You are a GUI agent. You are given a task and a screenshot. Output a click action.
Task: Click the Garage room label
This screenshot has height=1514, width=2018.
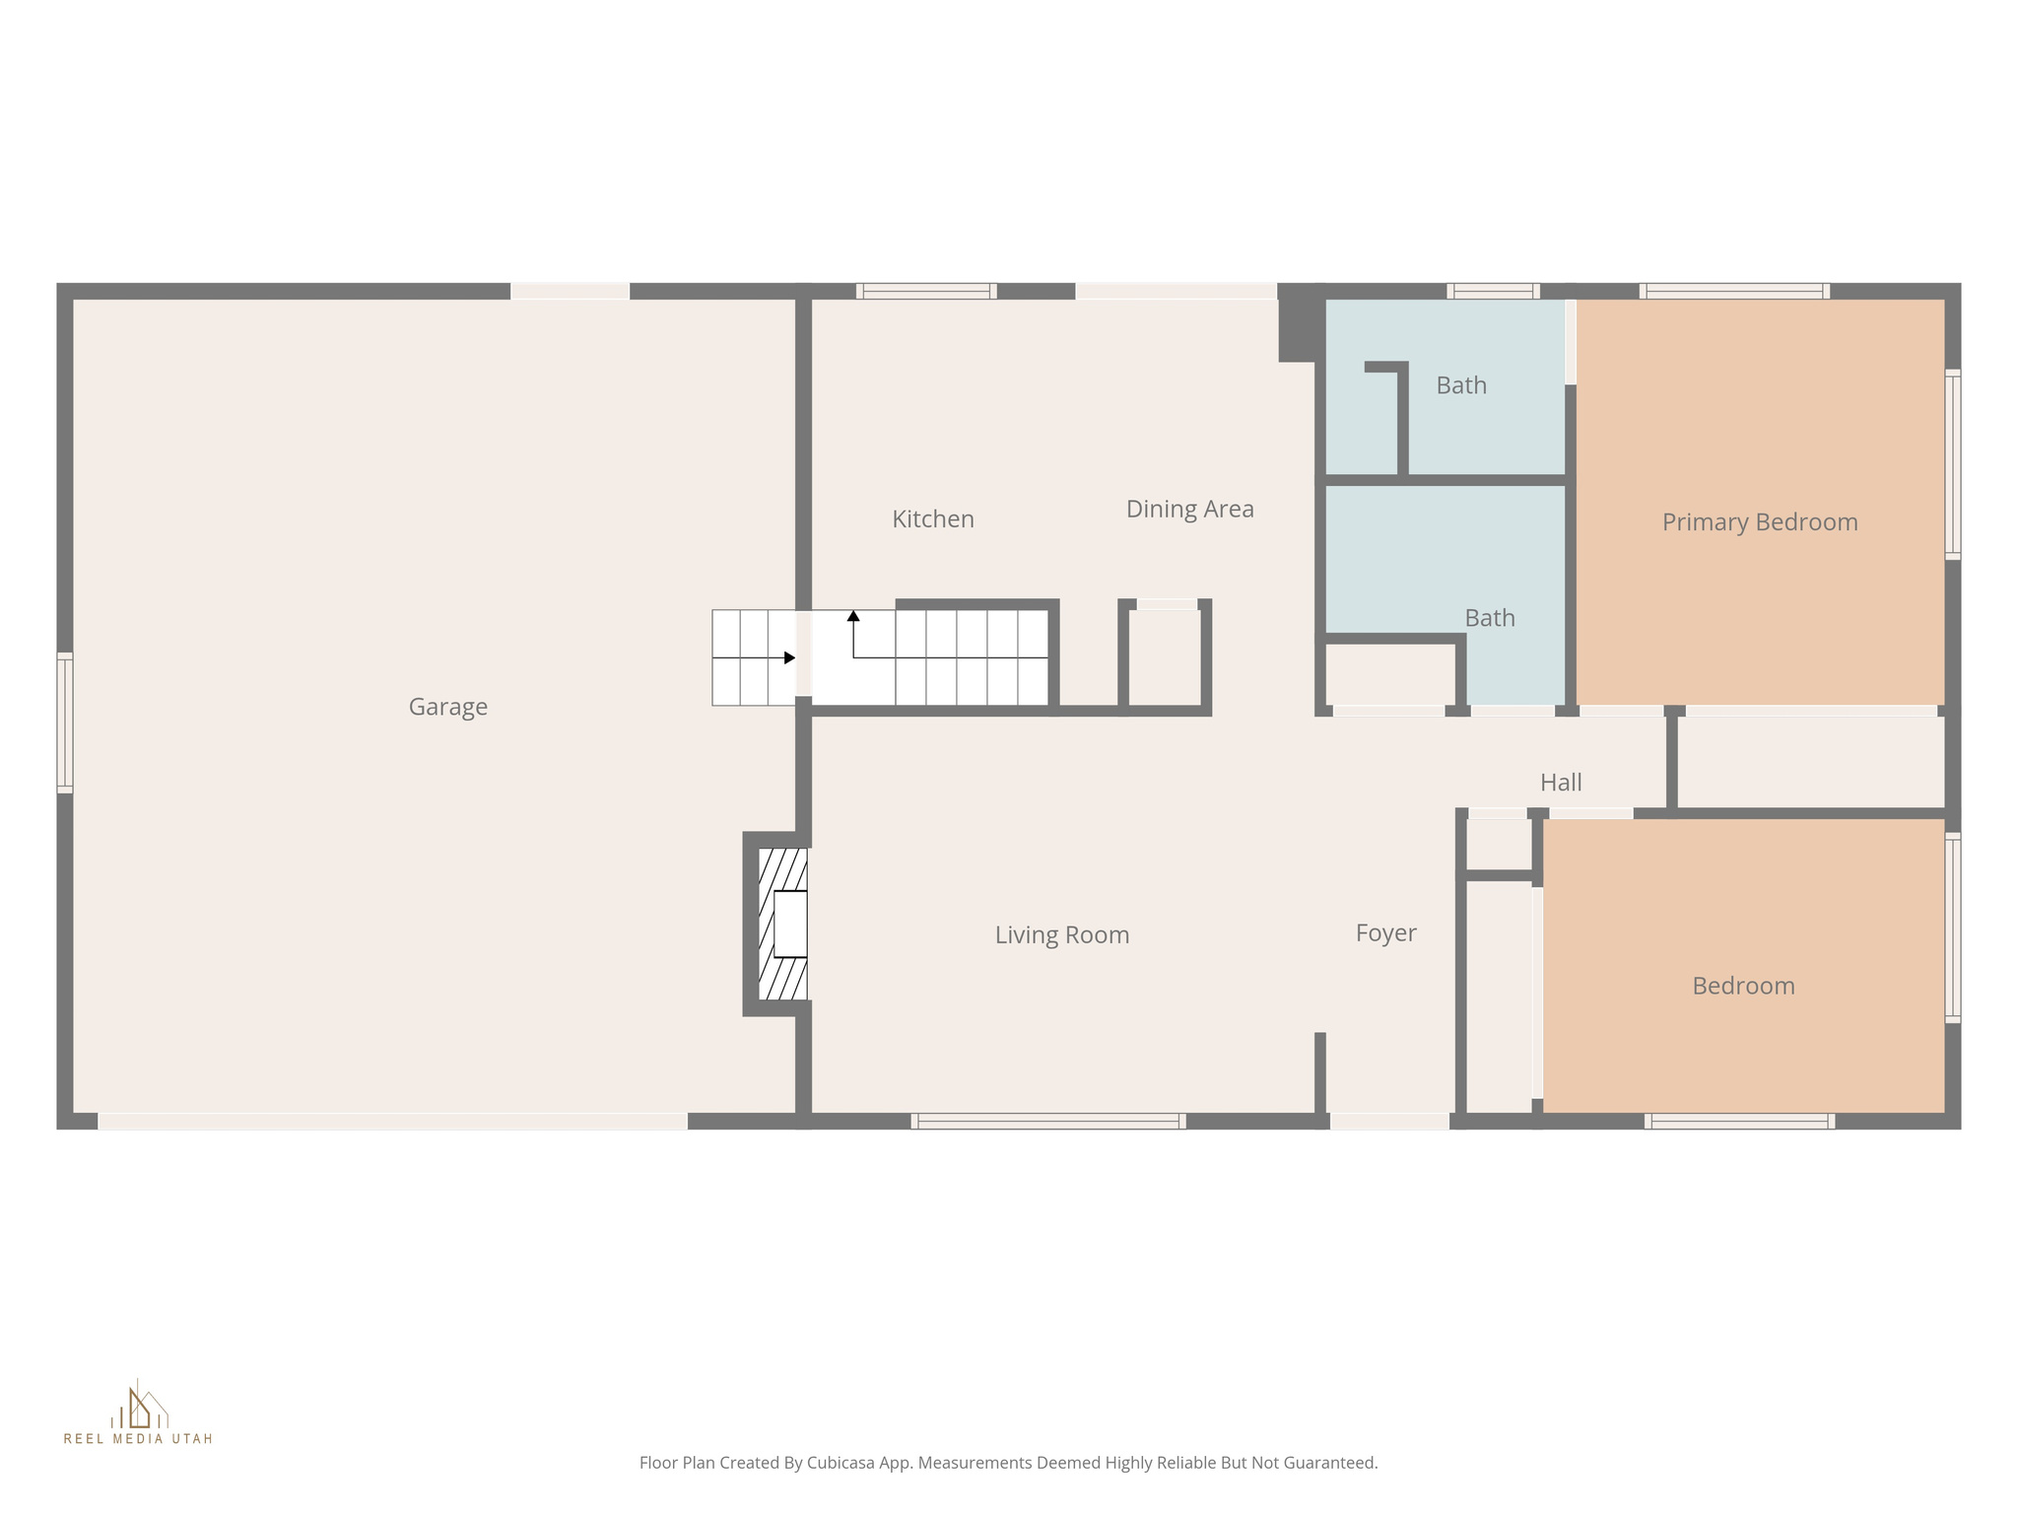(x=447, y=707)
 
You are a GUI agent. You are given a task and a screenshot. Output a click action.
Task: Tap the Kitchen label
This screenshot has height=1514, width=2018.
(x=932, y=519)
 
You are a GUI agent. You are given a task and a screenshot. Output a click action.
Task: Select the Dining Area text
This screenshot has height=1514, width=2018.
(x=1189, y=510)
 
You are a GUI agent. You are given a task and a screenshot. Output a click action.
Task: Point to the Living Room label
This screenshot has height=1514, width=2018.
(x=1061, y=934)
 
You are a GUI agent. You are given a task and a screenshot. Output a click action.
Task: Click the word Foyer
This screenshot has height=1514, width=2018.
(x=1385, y=932)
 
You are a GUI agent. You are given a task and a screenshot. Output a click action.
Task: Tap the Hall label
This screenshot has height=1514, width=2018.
(x=1561, y=783)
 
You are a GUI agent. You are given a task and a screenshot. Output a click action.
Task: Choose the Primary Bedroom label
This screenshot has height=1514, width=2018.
(x=1759, y=522)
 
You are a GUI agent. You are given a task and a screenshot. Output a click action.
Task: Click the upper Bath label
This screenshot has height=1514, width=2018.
(x=1460, y=385)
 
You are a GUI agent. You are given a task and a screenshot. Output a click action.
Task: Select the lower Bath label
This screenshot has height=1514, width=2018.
(x=1489, y=618)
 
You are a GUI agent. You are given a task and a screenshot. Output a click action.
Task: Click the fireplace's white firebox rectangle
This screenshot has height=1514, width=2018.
(x=790, y=924)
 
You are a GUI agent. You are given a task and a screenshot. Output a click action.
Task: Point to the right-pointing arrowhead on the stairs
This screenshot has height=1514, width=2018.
(x=789, y=657)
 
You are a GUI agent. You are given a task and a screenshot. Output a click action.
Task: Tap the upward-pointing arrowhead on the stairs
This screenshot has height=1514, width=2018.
(x=853, y=616)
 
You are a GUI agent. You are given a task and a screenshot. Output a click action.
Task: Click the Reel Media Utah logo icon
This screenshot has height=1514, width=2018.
(x=139, y=1408)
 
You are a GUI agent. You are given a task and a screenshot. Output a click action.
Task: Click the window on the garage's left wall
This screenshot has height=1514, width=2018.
(x=65, y=723)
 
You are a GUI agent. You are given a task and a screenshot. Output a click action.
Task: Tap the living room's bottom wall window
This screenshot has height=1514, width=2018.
(x=1047, y=1121)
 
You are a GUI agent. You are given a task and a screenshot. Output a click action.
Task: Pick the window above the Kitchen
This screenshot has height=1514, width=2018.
(x=926, y=291)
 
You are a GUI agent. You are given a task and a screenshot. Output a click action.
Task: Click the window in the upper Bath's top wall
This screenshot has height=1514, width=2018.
(x=1493, y=291)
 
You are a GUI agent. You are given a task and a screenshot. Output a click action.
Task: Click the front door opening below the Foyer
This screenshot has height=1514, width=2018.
(x=1388, y=1121)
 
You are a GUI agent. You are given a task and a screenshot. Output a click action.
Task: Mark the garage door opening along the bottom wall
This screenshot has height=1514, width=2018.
(x=392, y=1122)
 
